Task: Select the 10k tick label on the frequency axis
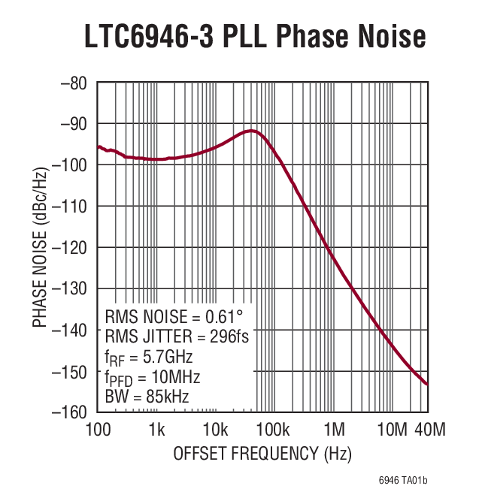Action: pyautogui.click(x=215, y=430)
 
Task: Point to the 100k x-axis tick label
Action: pyautogui.click(x=273, y=430)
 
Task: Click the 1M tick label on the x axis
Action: pyautogui.click(x=334, y=430)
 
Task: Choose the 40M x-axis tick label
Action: pyautogui.click(x=430, y=430)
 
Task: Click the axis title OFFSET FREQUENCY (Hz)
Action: pyautogui.click(x=262, y=454)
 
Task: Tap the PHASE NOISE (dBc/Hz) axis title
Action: pyautogui.click(x=39, y=247)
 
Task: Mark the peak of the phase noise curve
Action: pyautogui.click(x=253, y=131)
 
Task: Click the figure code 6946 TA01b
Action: pyautogui.click(x=413, y=479)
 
